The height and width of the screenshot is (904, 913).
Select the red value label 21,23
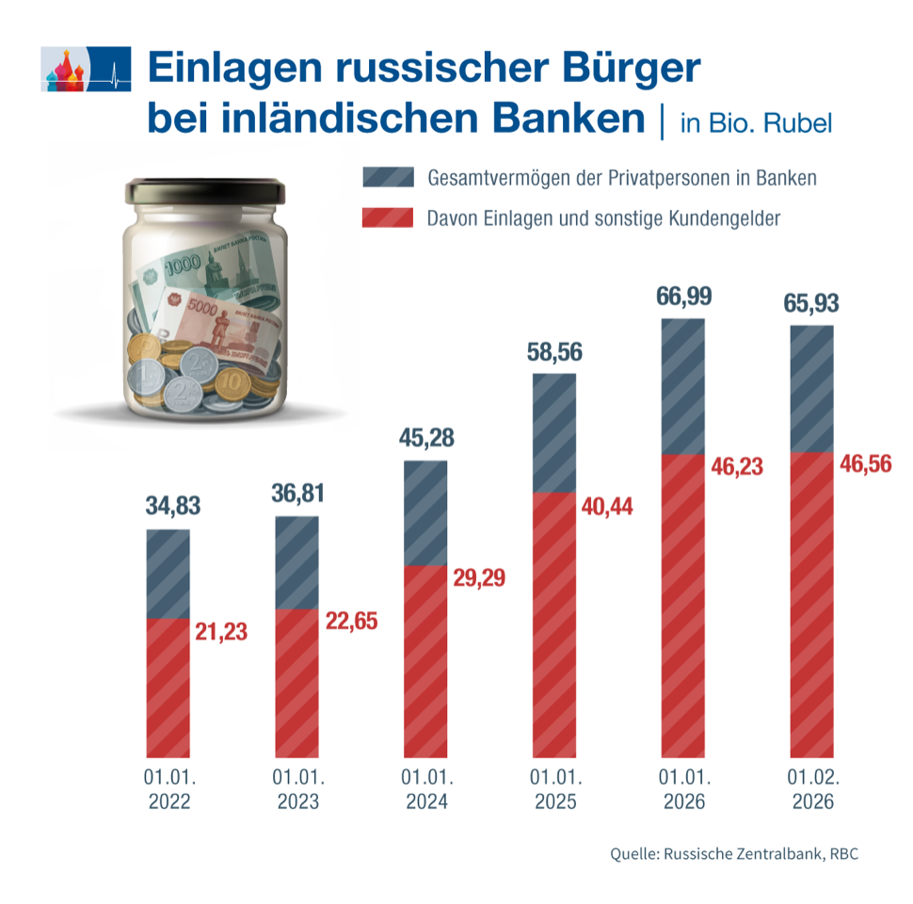pos(221,632)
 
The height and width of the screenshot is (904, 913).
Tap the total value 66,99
pos(682,296)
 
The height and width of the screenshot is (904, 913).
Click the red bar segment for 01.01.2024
pos(424,659)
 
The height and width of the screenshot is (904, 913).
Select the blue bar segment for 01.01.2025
pos(553,433)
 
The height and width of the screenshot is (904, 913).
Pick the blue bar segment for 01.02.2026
pos(810,388)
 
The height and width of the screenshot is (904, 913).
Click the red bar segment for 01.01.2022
pos(168,687)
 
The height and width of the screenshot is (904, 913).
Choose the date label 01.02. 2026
pos(810,791)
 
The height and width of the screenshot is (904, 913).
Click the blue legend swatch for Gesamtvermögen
pos(387,177)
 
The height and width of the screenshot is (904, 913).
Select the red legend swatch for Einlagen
pos(387,218)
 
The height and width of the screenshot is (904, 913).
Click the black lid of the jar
pos(205,190)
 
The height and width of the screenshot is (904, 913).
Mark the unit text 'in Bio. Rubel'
pos(756,124)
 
